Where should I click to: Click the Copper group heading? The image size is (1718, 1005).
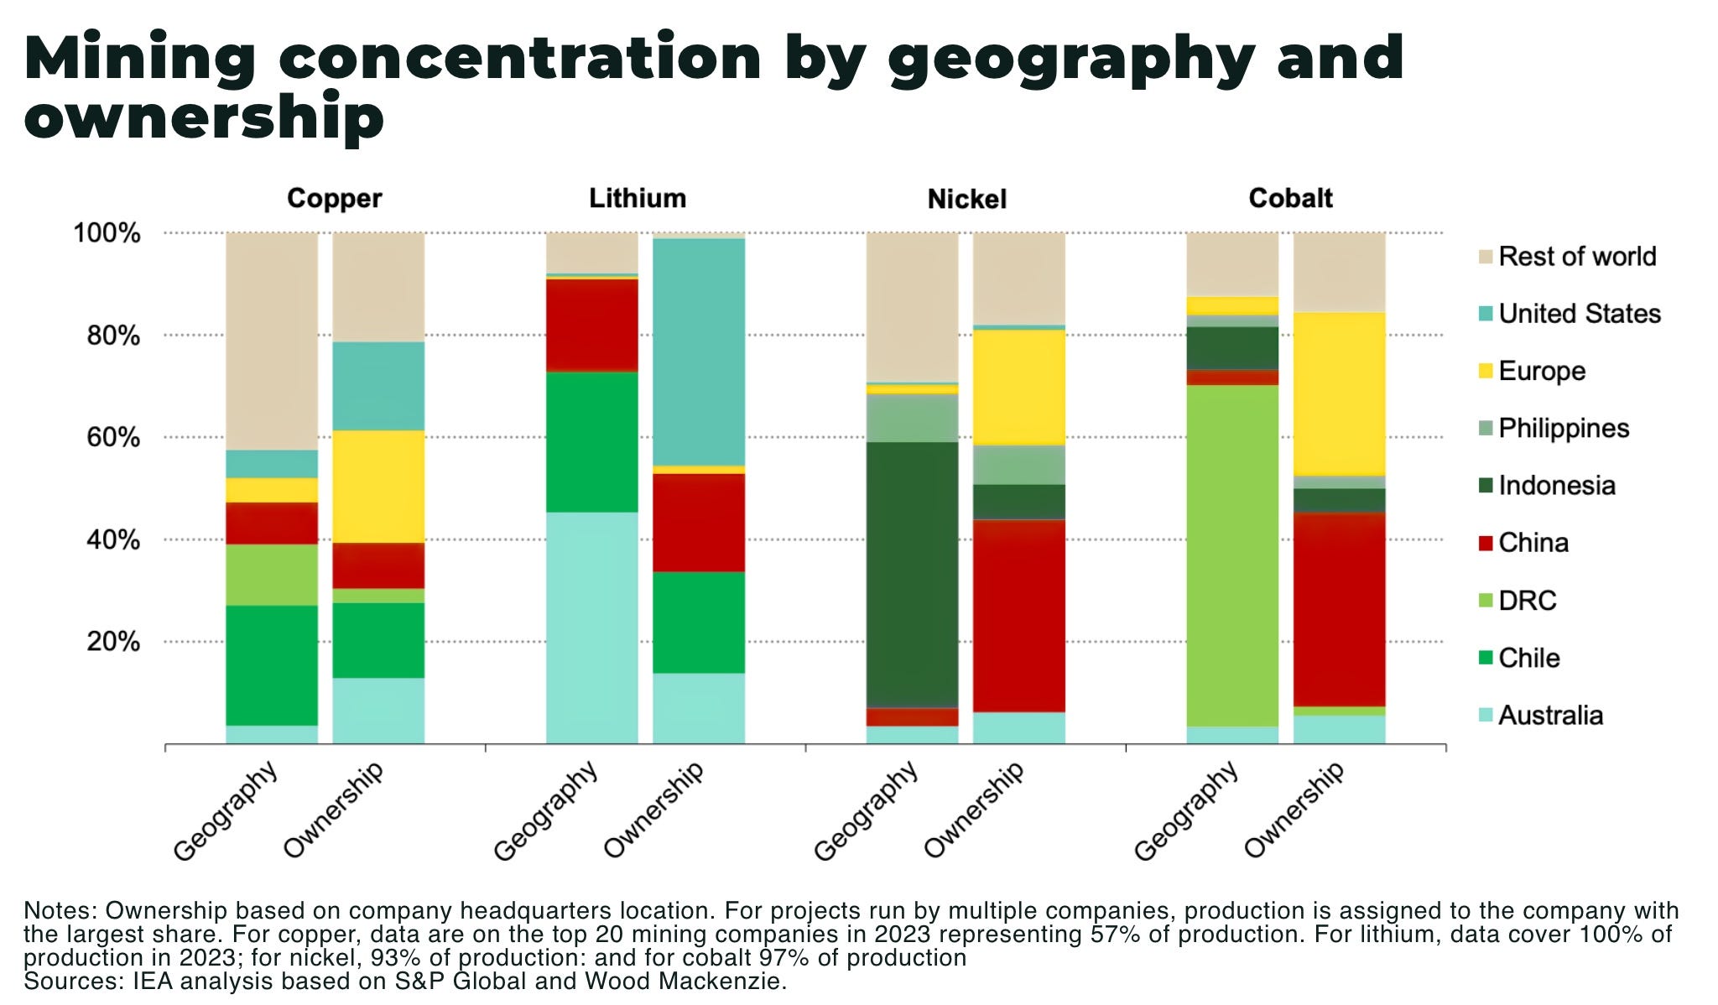[x=334, y=198]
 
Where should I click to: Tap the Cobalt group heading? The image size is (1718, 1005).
[x=1289, y=198]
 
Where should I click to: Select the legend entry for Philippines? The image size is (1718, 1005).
[x=1563, y=428]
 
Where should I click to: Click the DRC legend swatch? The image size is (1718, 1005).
[x=1486, y=601]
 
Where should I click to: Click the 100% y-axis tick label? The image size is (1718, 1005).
[x=107, y=233]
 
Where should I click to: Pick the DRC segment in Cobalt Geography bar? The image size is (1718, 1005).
[x=1231, y=554]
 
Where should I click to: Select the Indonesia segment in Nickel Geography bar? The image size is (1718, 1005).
[x=912, y=575]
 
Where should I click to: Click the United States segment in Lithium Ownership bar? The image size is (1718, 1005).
[x=699, y=352]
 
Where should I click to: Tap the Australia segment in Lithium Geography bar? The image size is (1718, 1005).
[x=591, y=627]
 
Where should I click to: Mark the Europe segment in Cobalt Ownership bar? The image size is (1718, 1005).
[x=1339, y=393]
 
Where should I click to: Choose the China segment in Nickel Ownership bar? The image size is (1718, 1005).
[x=1018, y=615]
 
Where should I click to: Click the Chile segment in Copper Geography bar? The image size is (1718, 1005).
[x=272, y=665]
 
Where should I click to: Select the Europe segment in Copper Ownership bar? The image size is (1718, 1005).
[x=378, y=487]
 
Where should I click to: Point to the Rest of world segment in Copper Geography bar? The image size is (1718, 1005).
[x=272, y=341]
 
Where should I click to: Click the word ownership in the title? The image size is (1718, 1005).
[x=204, y=117]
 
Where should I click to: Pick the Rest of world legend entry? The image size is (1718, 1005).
[x=1576, y=256]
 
